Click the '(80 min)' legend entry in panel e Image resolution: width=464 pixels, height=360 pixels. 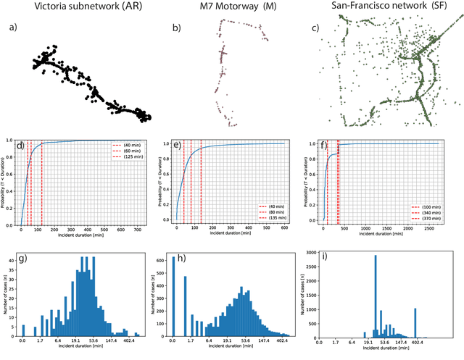click(x=280, y=212)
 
